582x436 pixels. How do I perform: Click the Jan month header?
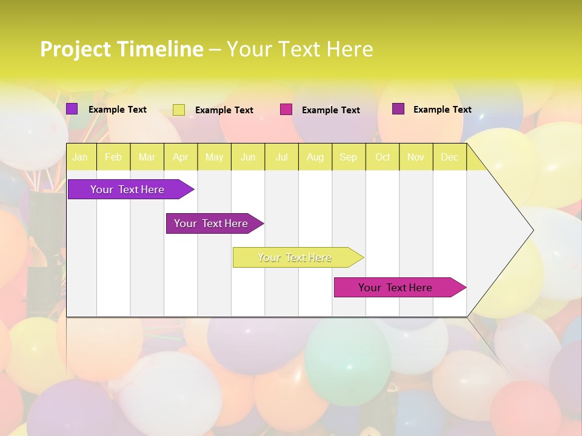point(81,157)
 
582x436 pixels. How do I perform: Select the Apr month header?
point(181,157)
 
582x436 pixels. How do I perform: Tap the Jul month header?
point(281,157)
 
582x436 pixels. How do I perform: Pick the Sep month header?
point(348,157)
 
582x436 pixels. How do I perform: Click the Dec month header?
point(449,157)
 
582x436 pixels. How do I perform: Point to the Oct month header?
point(383,157)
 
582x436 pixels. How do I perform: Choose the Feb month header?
point(113,157)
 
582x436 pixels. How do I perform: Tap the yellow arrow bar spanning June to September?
point(295,257)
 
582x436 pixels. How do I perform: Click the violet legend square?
point(72,109)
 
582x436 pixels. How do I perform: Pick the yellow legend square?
point(179,110)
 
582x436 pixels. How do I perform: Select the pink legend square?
point(286,110)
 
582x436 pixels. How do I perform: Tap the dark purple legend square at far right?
point(398,109)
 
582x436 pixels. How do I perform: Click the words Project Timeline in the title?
point(121,49)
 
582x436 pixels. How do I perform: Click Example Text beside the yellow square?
point(224,110)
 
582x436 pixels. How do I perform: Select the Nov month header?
point(416,157)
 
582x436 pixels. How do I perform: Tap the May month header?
point(214,157)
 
